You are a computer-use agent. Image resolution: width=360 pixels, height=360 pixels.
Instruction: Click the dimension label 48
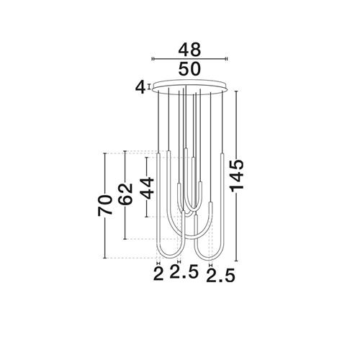189,50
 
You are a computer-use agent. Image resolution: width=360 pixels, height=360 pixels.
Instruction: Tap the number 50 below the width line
189,68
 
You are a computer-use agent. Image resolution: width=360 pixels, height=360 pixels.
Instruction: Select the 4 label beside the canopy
140,88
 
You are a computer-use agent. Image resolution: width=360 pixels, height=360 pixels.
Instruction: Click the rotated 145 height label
237,176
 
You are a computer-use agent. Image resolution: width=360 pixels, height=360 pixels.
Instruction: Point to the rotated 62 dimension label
125,194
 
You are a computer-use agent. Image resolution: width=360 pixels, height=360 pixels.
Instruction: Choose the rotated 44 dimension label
147,188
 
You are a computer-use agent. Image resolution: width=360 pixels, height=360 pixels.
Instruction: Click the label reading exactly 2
158,274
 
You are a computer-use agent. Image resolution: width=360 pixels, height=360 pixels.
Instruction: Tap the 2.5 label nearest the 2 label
184,271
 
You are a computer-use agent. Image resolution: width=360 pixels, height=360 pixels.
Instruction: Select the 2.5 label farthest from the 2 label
220,276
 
